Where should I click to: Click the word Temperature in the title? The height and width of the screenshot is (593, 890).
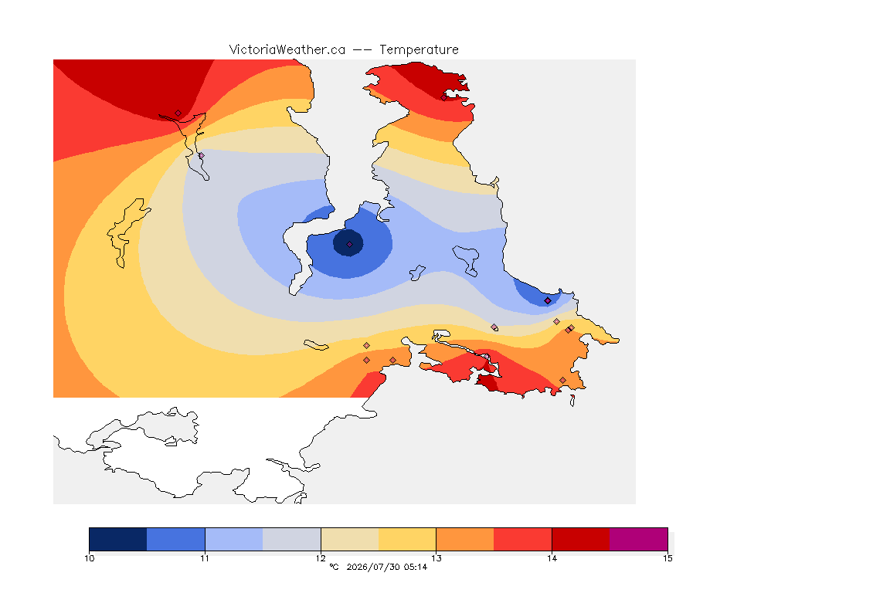tap(419, 50)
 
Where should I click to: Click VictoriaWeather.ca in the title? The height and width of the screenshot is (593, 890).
tap(287, 50)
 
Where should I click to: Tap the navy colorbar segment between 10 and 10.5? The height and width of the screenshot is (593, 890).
tap(118, 539)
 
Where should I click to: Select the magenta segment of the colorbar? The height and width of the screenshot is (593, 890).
tap(639, 539)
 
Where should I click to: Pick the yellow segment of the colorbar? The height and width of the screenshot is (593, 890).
tap(407, 539)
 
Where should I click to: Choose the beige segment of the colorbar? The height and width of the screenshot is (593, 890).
tap(350, 539)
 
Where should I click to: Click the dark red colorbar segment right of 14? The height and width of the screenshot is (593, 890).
tap(581, 539)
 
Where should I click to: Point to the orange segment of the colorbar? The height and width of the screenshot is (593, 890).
tap(465, 539)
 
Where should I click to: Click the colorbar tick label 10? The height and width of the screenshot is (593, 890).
tap(89, 558)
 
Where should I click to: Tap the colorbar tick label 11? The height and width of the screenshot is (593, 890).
tap(205, 558)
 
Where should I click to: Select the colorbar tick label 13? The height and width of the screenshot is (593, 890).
tap(436, 558)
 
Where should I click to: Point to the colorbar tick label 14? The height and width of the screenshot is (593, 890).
tap(552, 558)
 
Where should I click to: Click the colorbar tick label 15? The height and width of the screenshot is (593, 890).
tap(667, 558)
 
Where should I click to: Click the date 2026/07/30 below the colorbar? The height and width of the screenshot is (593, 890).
tap(372, 567)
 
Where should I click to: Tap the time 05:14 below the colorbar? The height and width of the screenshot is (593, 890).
tap(416, 567)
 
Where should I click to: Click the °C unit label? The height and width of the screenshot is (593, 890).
tap(334, 567)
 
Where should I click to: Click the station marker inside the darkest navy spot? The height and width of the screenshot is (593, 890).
tap(350, 245)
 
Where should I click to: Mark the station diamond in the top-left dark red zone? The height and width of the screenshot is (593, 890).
tap(178, 114)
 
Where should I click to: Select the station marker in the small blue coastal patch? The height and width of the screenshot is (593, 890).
tap(547, 301)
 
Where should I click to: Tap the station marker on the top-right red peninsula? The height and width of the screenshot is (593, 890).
tap(444, 97)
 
